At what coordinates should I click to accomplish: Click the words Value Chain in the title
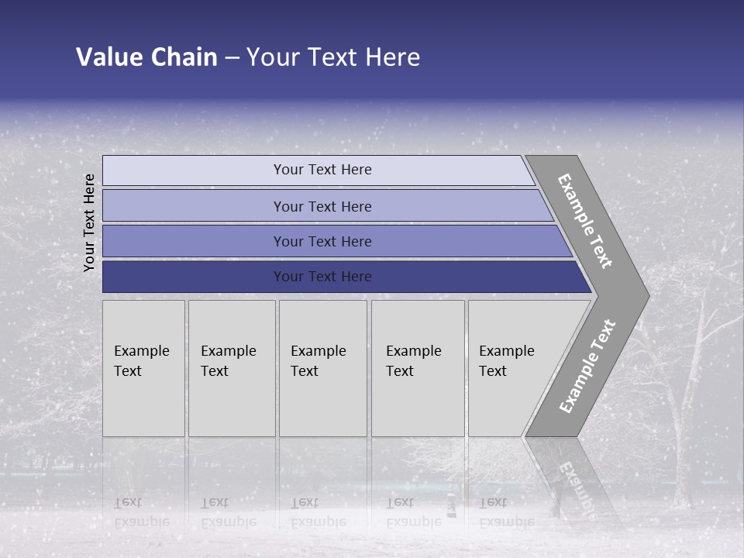[x=146, y=57]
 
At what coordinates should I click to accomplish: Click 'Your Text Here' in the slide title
[x=333, y=57]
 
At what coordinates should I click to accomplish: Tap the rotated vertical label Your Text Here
[x=89, y=222]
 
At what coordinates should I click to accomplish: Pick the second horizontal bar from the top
[x=322, y=206]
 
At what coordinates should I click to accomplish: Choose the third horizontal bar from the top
[x=322, y=241]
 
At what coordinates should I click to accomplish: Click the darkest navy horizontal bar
[x=322, y=277]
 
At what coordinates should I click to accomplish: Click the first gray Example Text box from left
[x=143, y=368]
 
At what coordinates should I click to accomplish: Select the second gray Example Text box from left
[x=231, y=368]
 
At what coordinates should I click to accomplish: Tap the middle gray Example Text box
[x=322, y=368]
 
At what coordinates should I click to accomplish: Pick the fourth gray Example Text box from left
[x=417, y=368]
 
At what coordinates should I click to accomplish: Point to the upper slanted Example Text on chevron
[x=585, y=221]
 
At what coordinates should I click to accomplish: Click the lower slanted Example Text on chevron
[x=587, y=366]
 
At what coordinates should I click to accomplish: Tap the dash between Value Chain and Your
[x=232, y=58]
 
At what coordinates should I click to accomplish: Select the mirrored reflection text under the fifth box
[x=505, y=512]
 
